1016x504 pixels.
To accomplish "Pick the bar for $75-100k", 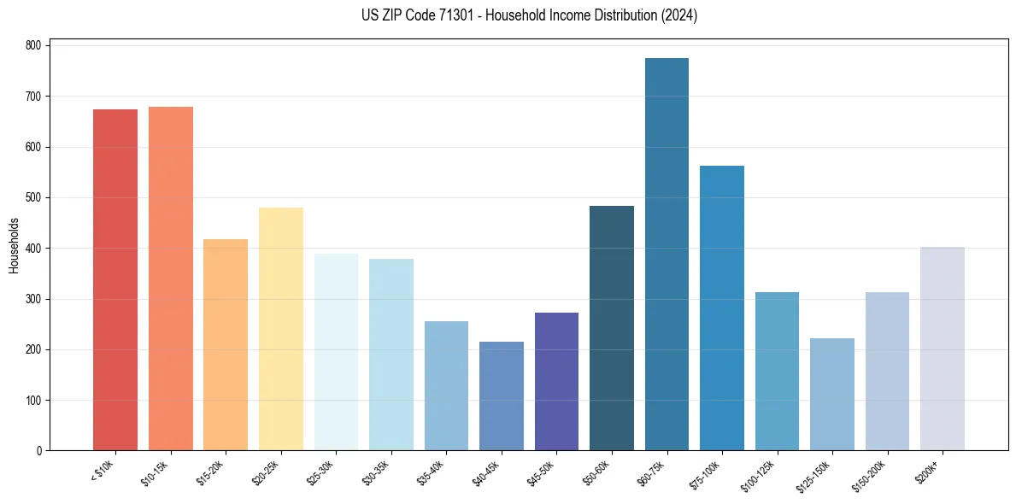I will pyautogui.click(x=721, y=308).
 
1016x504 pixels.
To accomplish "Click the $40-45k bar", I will pyautogui.click(x=502, y=396).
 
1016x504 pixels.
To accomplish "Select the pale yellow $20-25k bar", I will pyautogui.click(x=281, y=329).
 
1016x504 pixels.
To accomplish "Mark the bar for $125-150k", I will pyautogui.click(x=831, y=395).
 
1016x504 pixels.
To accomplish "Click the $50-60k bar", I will pyautogui.click(x=612, y=328).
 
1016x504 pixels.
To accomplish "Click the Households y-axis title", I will pyautogui.click(x=14, y=246).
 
